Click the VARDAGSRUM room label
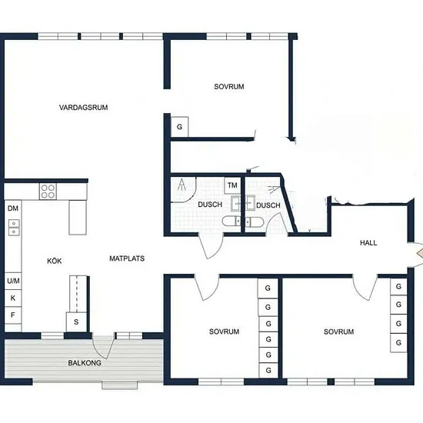click(83, 108)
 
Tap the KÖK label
click(55, 261)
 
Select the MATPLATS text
click(127, 258)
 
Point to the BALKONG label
click(85, 363)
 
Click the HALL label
click(368, 243)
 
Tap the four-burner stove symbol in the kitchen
click(48, 192)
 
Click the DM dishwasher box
click(13, 208)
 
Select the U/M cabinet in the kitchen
click(13, 281)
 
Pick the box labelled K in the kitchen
click(13, 298)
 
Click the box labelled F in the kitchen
click(13, 315)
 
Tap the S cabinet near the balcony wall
click(76, 322)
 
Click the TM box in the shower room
click(232, 185)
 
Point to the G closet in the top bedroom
click(180, 127)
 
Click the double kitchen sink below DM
click(14, 228)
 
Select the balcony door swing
click(103, 347)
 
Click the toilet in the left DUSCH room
click(231, 221)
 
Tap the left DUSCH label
click(210, 205)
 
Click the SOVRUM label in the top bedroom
click(229, 87)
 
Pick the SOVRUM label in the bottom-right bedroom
click(339, 331)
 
